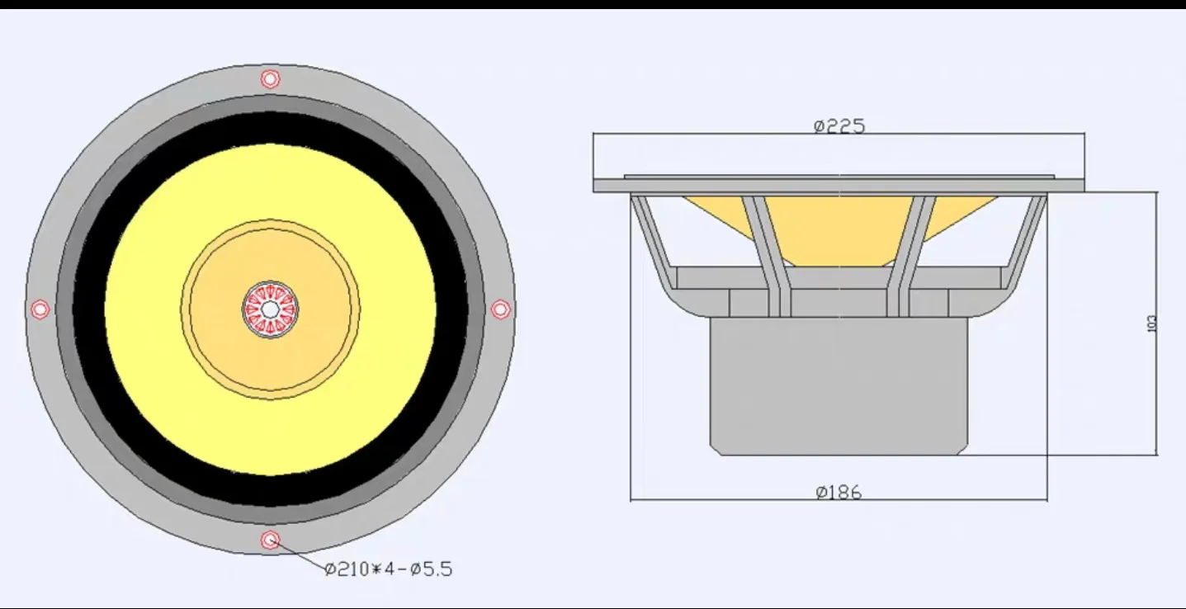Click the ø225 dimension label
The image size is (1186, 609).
pos(839,126)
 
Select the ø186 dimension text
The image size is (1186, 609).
pos(839,493)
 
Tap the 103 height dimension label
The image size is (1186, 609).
pos(1152,323)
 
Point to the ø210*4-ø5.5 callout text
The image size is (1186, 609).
pos(389,569)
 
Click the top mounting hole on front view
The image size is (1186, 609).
pos(270,79)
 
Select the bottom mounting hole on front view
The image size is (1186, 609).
pos(270,541)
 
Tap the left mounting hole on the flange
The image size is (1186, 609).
pos(40,309)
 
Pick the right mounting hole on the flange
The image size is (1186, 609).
pos(500,309)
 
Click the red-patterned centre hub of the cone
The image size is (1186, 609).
pos(270,309)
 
